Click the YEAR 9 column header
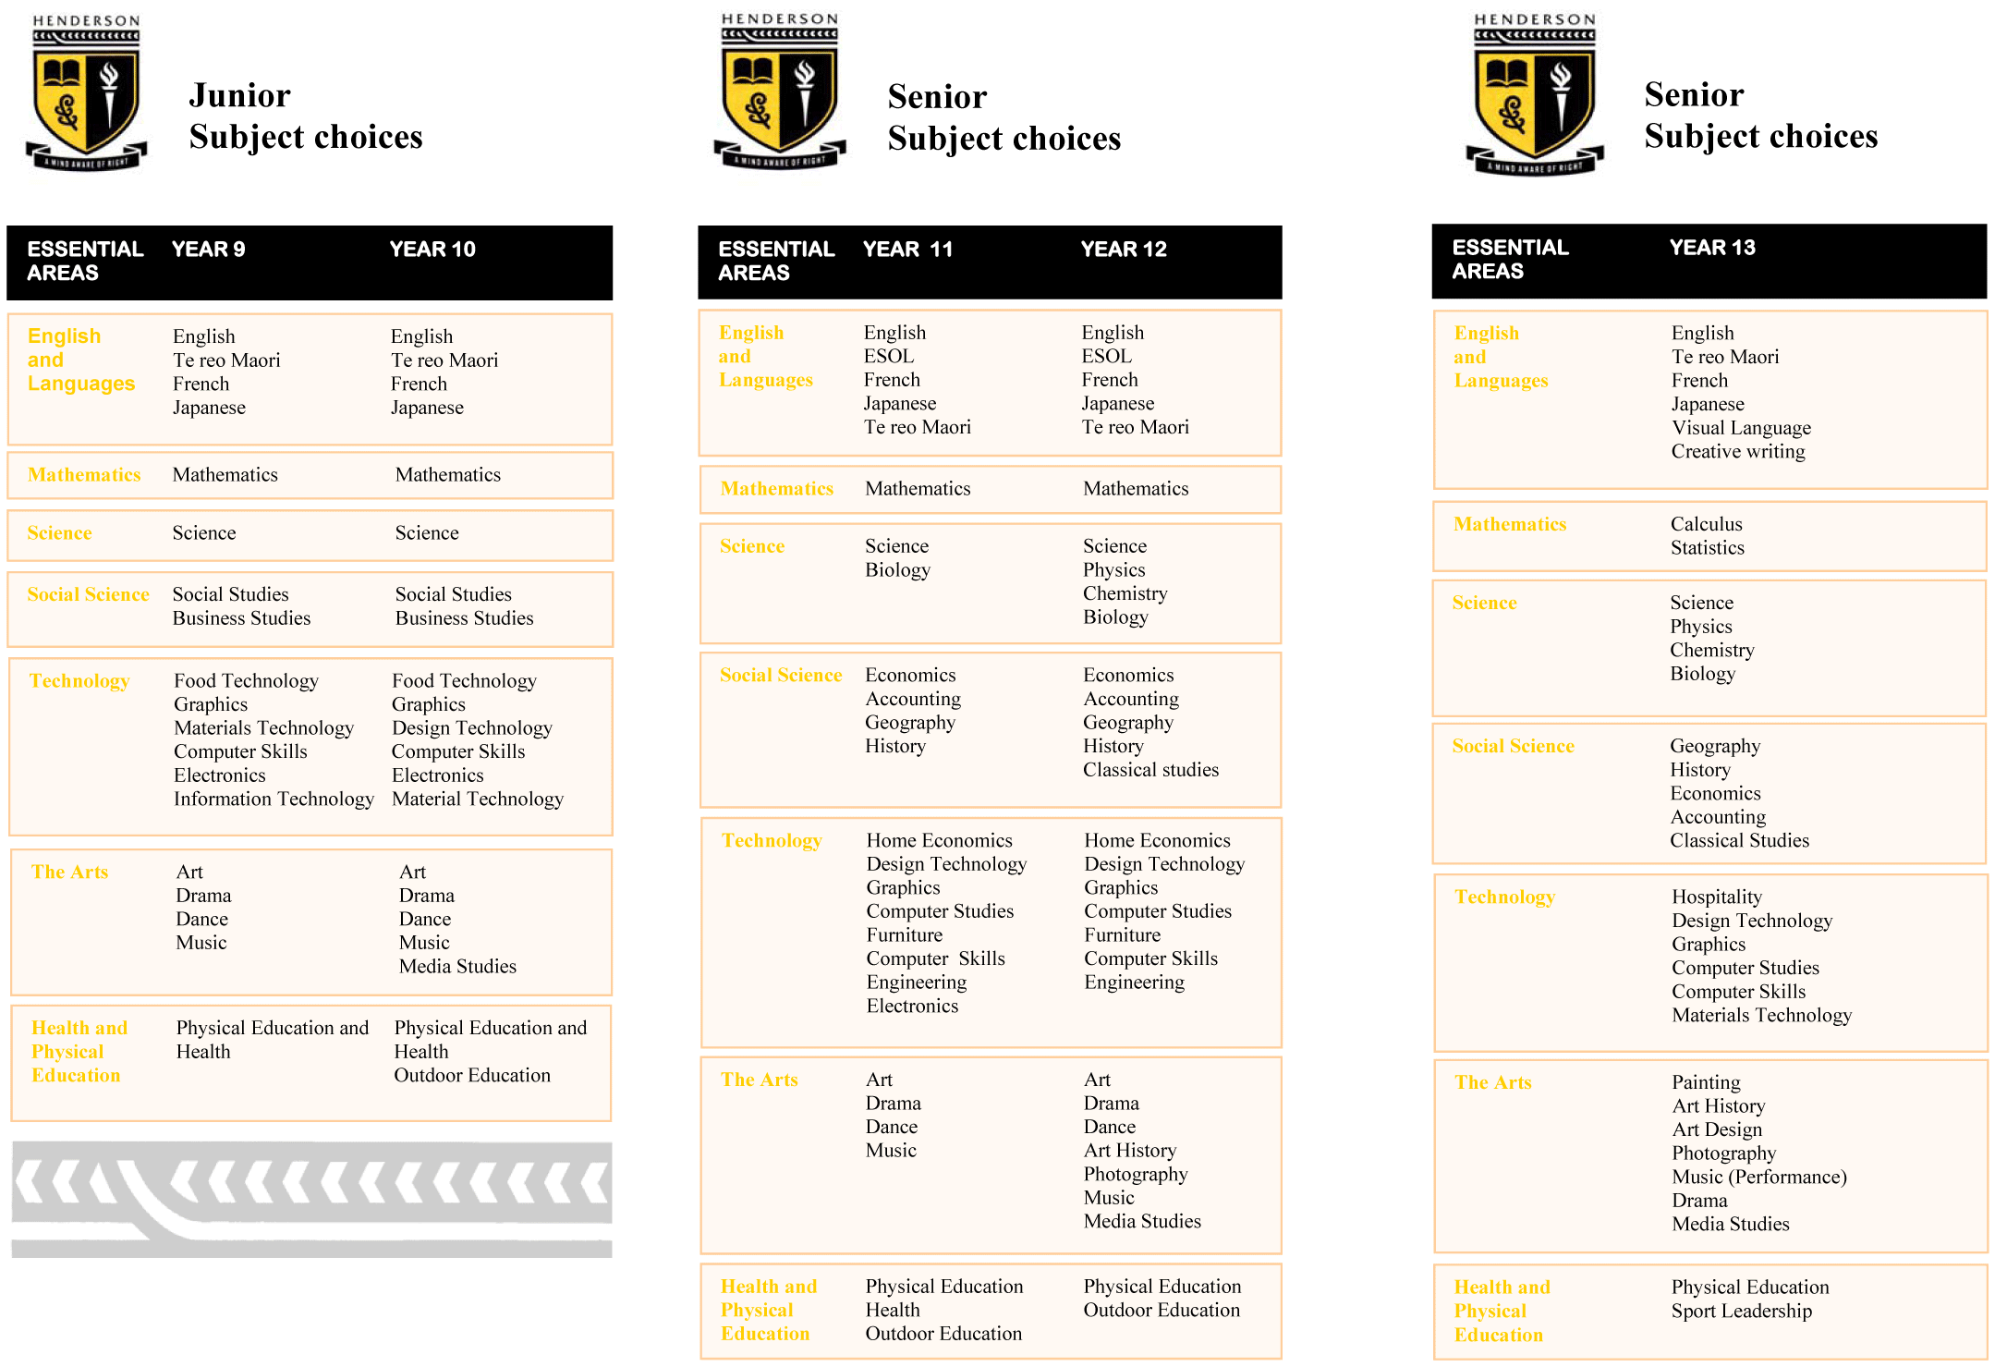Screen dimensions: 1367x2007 (208, 250)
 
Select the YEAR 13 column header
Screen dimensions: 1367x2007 (1711, 248)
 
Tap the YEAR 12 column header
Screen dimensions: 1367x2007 (1123, 250)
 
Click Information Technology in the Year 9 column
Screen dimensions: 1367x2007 (274, 799)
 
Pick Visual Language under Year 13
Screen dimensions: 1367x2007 (1741, 428)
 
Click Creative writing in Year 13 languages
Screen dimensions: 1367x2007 (1737, 452)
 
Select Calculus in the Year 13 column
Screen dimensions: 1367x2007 (1706, 524)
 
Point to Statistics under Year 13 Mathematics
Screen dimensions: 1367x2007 (1707, 548)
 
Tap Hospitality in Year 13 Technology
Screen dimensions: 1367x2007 (1716, 897)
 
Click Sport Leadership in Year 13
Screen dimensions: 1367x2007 (1741, 1312)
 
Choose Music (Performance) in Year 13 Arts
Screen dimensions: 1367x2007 (1758, 1178)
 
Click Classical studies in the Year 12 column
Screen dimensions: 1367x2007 (1150, 770)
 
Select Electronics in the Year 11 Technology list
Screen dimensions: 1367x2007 (912, 1007)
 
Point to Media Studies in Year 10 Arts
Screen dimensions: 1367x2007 (457, 967)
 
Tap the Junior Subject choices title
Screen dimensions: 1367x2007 (305, 116)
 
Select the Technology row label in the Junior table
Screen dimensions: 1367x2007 (79, 681)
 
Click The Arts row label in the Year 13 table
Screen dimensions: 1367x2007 (1492, 1083)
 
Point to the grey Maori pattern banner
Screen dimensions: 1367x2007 (311, 1199)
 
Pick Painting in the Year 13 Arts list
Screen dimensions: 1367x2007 (1706, 1083)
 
